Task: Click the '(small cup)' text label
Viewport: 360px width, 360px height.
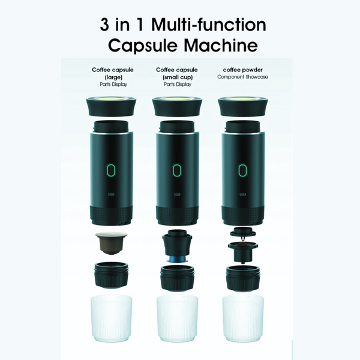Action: pyautogui.click(x=176, y=77)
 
